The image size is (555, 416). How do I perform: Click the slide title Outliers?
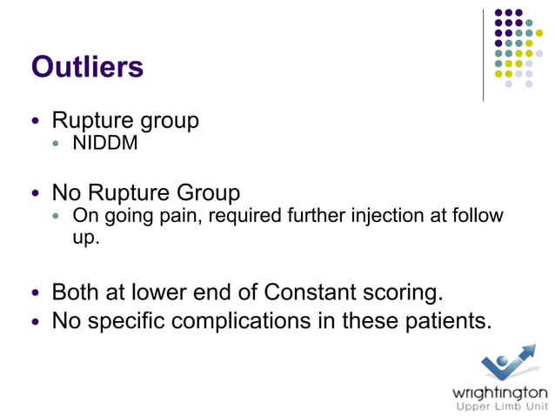[x=87, y=67]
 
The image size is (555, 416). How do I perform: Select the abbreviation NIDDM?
[x=105, y=143]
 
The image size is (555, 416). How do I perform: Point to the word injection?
[x=388, y=215]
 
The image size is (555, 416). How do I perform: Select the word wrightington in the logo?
[x=499, y=392]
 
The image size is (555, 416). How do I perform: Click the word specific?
[x=129, y=321]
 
